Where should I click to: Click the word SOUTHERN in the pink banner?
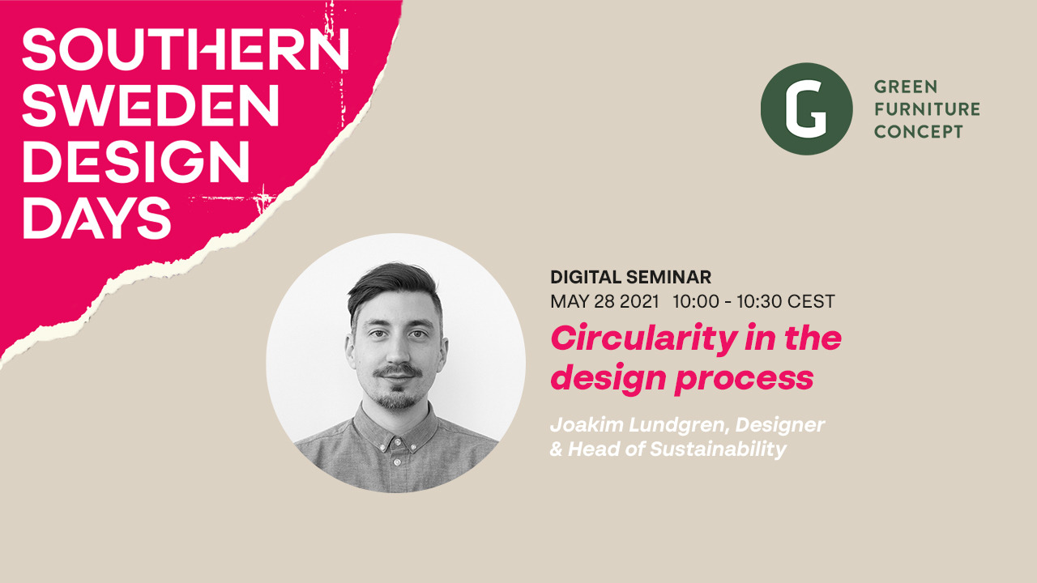[x=186, y=49]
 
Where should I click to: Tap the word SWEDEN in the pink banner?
[x=151, y=105]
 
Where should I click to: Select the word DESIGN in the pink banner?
[x=136, y=161]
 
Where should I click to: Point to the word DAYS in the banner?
[x=96, y=217]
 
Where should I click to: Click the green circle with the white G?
[x=806, y=109]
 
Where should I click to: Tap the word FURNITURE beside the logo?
[x=927, y=109]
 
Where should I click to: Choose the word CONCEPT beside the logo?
[x=919, y=131]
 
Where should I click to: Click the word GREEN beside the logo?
[x=906, y=87]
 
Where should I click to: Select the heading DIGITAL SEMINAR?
[x=630, y=277]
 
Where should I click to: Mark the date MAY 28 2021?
[x=604, y=301]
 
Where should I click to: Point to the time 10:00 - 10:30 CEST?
[x=753, y=301]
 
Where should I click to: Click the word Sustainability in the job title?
[x=718, y=449]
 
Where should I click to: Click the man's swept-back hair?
[x=394, y=283]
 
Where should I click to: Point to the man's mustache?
[x=398, y=371]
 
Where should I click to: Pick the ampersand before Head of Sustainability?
[x=556, y=449]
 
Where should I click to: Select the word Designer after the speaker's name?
[x=780, y=425]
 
